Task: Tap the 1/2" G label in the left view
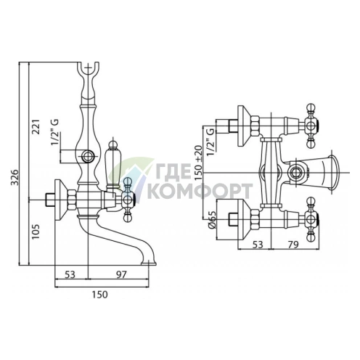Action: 54,133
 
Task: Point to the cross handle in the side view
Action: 129,194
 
